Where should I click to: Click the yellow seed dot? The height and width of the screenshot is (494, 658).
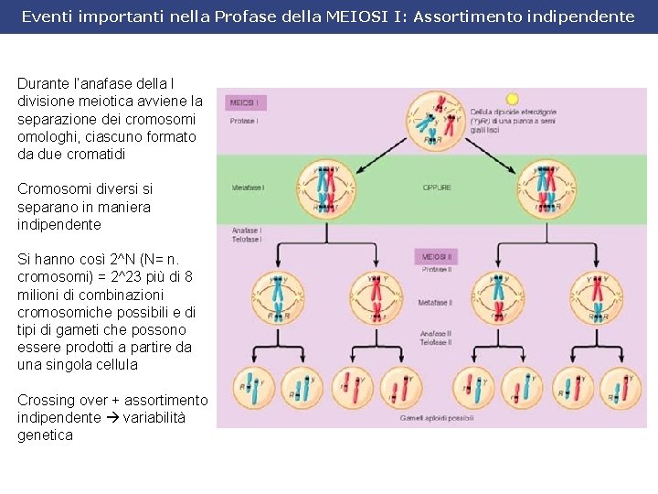pos(512,99)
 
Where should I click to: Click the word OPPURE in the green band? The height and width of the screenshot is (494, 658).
pos(436,188)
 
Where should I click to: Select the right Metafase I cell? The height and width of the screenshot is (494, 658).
pos(546,188)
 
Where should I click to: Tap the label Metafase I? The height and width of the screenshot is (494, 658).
pos(249,188)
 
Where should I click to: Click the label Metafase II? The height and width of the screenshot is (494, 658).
pos(436,302)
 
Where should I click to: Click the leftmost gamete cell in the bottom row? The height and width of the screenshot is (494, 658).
pos(251,388)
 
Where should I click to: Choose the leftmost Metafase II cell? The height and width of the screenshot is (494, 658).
pos(276,297)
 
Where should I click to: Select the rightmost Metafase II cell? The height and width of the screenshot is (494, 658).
pos(597,297)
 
